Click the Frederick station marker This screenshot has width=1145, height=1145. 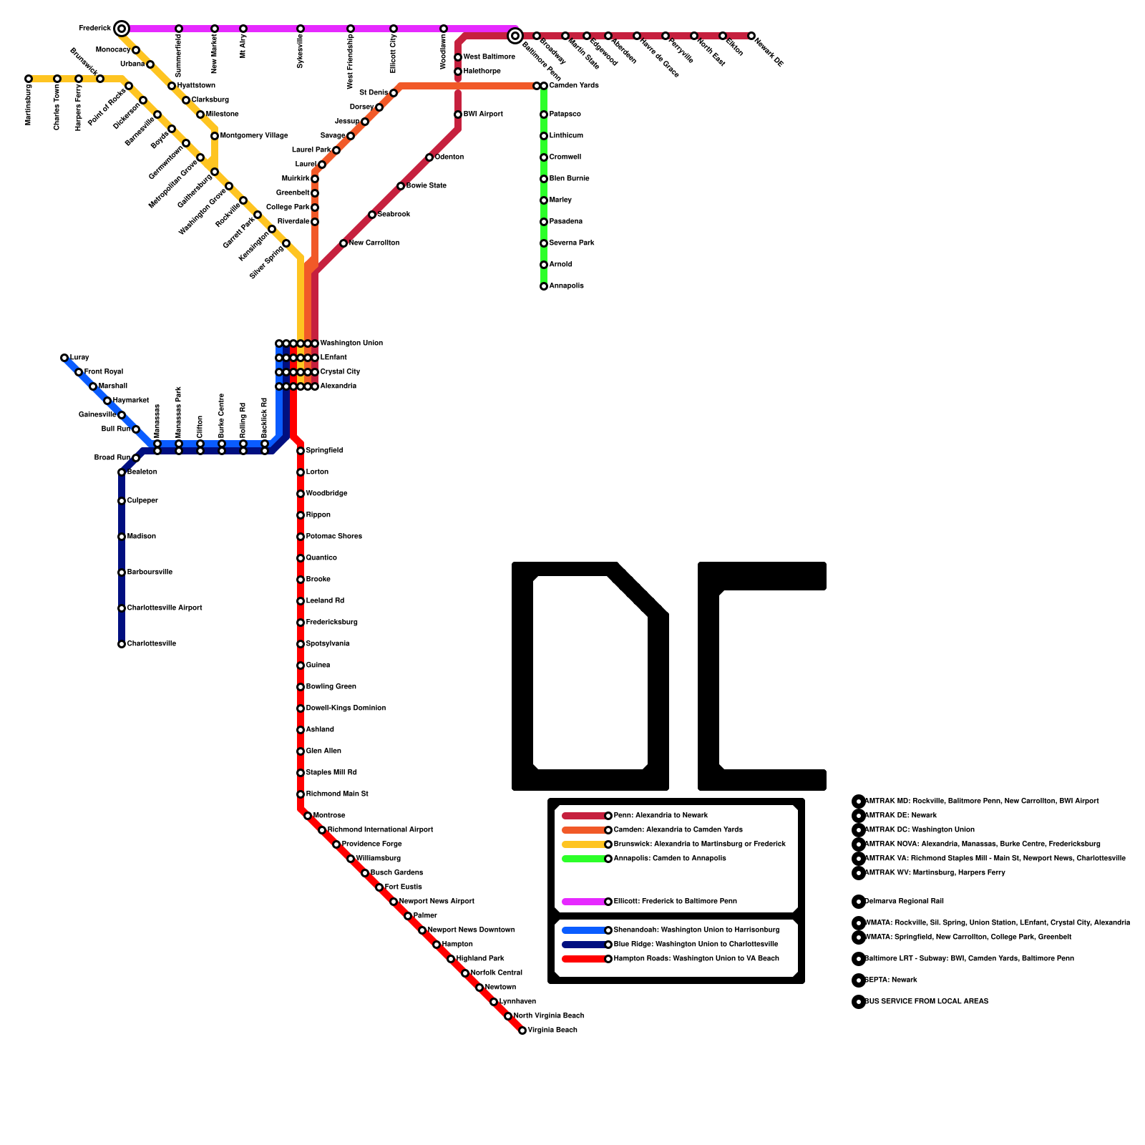tap(122, 29)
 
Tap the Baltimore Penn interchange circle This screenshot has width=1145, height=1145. tap(515, 36)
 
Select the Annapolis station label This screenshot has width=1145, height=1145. tap(566, 286)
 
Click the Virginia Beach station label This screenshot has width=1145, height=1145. tap(552, 1030)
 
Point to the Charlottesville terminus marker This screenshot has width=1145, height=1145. tap(122, 644)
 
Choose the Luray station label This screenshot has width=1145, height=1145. tap(79, 358)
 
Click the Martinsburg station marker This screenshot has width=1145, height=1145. tap(29, 79)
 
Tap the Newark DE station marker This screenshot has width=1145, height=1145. tap(751, 36)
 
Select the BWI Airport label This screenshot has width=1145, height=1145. tap(483, 114)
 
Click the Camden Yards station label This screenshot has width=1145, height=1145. tap(574, 86)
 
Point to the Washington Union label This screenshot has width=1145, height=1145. tap(351, 343)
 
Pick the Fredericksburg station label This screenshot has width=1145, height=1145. tap(332, 623)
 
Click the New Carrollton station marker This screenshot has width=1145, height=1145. tap(343, 243)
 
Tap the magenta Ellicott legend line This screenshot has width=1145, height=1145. tap(584, 902)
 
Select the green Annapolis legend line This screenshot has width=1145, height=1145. tap(584, 859)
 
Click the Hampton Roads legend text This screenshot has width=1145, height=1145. tap(696, 959)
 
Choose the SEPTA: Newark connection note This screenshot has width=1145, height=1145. tap(891, 980)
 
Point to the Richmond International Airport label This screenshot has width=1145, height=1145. tap(381, 830)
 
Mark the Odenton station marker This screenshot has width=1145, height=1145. tap(429, 157)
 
